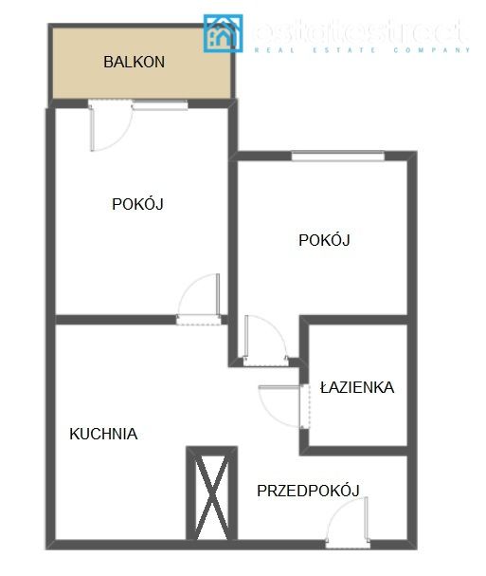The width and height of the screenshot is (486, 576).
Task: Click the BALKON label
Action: coord(135,63)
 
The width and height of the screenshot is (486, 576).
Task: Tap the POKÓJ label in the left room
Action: coord(138,203)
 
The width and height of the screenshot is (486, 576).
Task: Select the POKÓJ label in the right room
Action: coord(324,240)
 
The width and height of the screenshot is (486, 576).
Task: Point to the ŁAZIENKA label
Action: coord(356,387)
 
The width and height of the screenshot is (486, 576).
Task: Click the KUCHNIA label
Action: coord(103,434)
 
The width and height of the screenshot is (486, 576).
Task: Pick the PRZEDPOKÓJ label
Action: coord(308,490)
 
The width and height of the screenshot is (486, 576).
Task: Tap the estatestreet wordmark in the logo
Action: coord(360,31)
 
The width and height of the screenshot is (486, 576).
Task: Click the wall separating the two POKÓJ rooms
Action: coord(233,237)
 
